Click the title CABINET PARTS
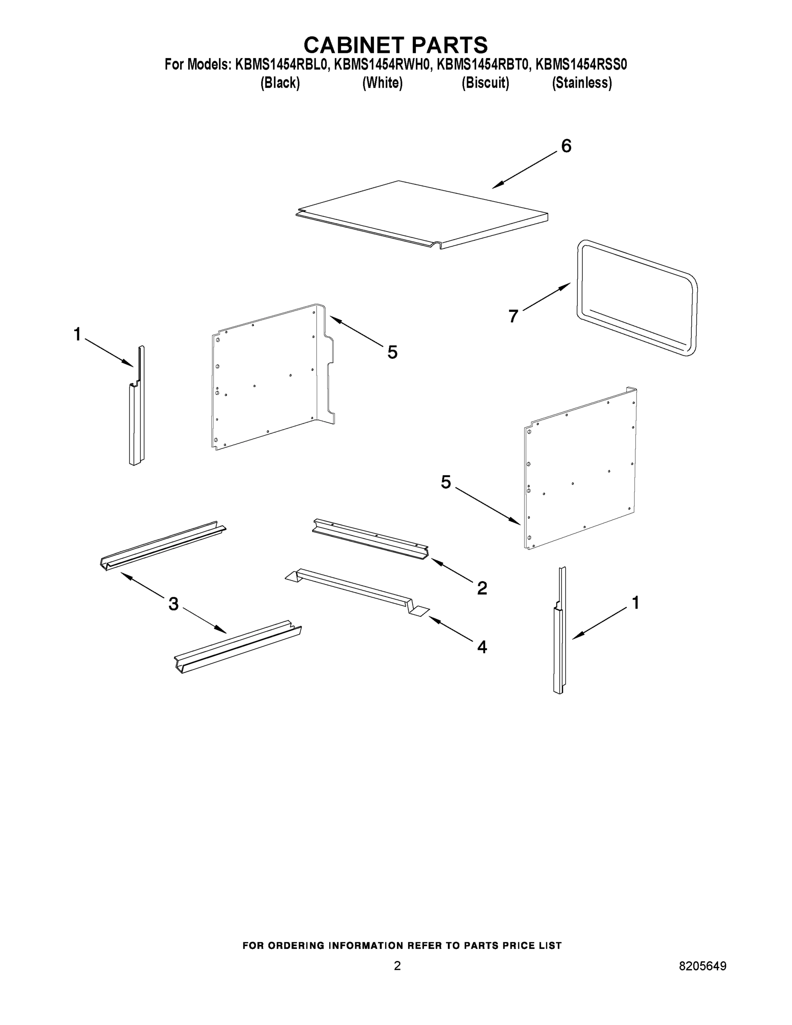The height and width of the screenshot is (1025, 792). (x=395, y=45)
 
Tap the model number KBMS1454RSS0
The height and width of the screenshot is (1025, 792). (x=581, y=65)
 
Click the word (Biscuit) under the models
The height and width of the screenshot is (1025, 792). (x=485, y=83)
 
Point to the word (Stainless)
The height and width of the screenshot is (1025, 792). (x=582, y=83)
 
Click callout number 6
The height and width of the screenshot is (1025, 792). (x=566, y=146)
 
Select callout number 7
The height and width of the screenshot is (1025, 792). (x=513, y=316)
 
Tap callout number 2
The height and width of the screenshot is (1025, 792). (x=482, y=588)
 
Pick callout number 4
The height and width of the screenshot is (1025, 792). (x=482, y=647)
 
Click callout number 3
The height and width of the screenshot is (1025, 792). (x=173, y=604)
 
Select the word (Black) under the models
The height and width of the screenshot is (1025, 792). (x=280, y=83)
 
